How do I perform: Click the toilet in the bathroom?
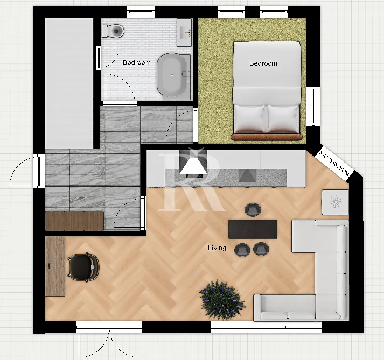pyautogui.click(x=113, y=31)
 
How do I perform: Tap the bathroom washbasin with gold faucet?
pyautogui.click(x=184, y=32)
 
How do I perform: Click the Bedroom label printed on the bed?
pyautogui.click(x=263, y=63)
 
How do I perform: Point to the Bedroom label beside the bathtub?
pyautogui.click(x=137, y=62)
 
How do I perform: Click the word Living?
pyautogui.click(x=217, y=248)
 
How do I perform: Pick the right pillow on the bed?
pyautogui.click(x=284, y=119)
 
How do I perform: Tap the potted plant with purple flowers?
pyautogui.click(x=222, y=300)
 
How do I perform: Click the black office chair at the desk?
pyautogui.click(x=83, y=267)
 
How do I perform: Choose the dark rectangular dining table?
pyautogui.click(x=253, y=229)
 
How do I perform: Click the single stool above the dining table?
pyautogui.click(x=253, y=210)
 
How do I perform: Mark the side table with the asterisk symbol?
pyautogui.click(x=336, y=202)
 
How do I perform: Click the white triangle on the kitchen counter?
pyautogui.click(x=193, y=166)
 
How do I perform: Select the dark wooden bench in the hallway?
pyautogui.click(x=74, y=221)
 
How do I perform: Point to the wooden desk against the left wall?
pyautogui.click(x=55, y=266)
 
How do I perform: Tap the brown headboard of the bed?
pyautogui.click(x=267, y=137)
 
